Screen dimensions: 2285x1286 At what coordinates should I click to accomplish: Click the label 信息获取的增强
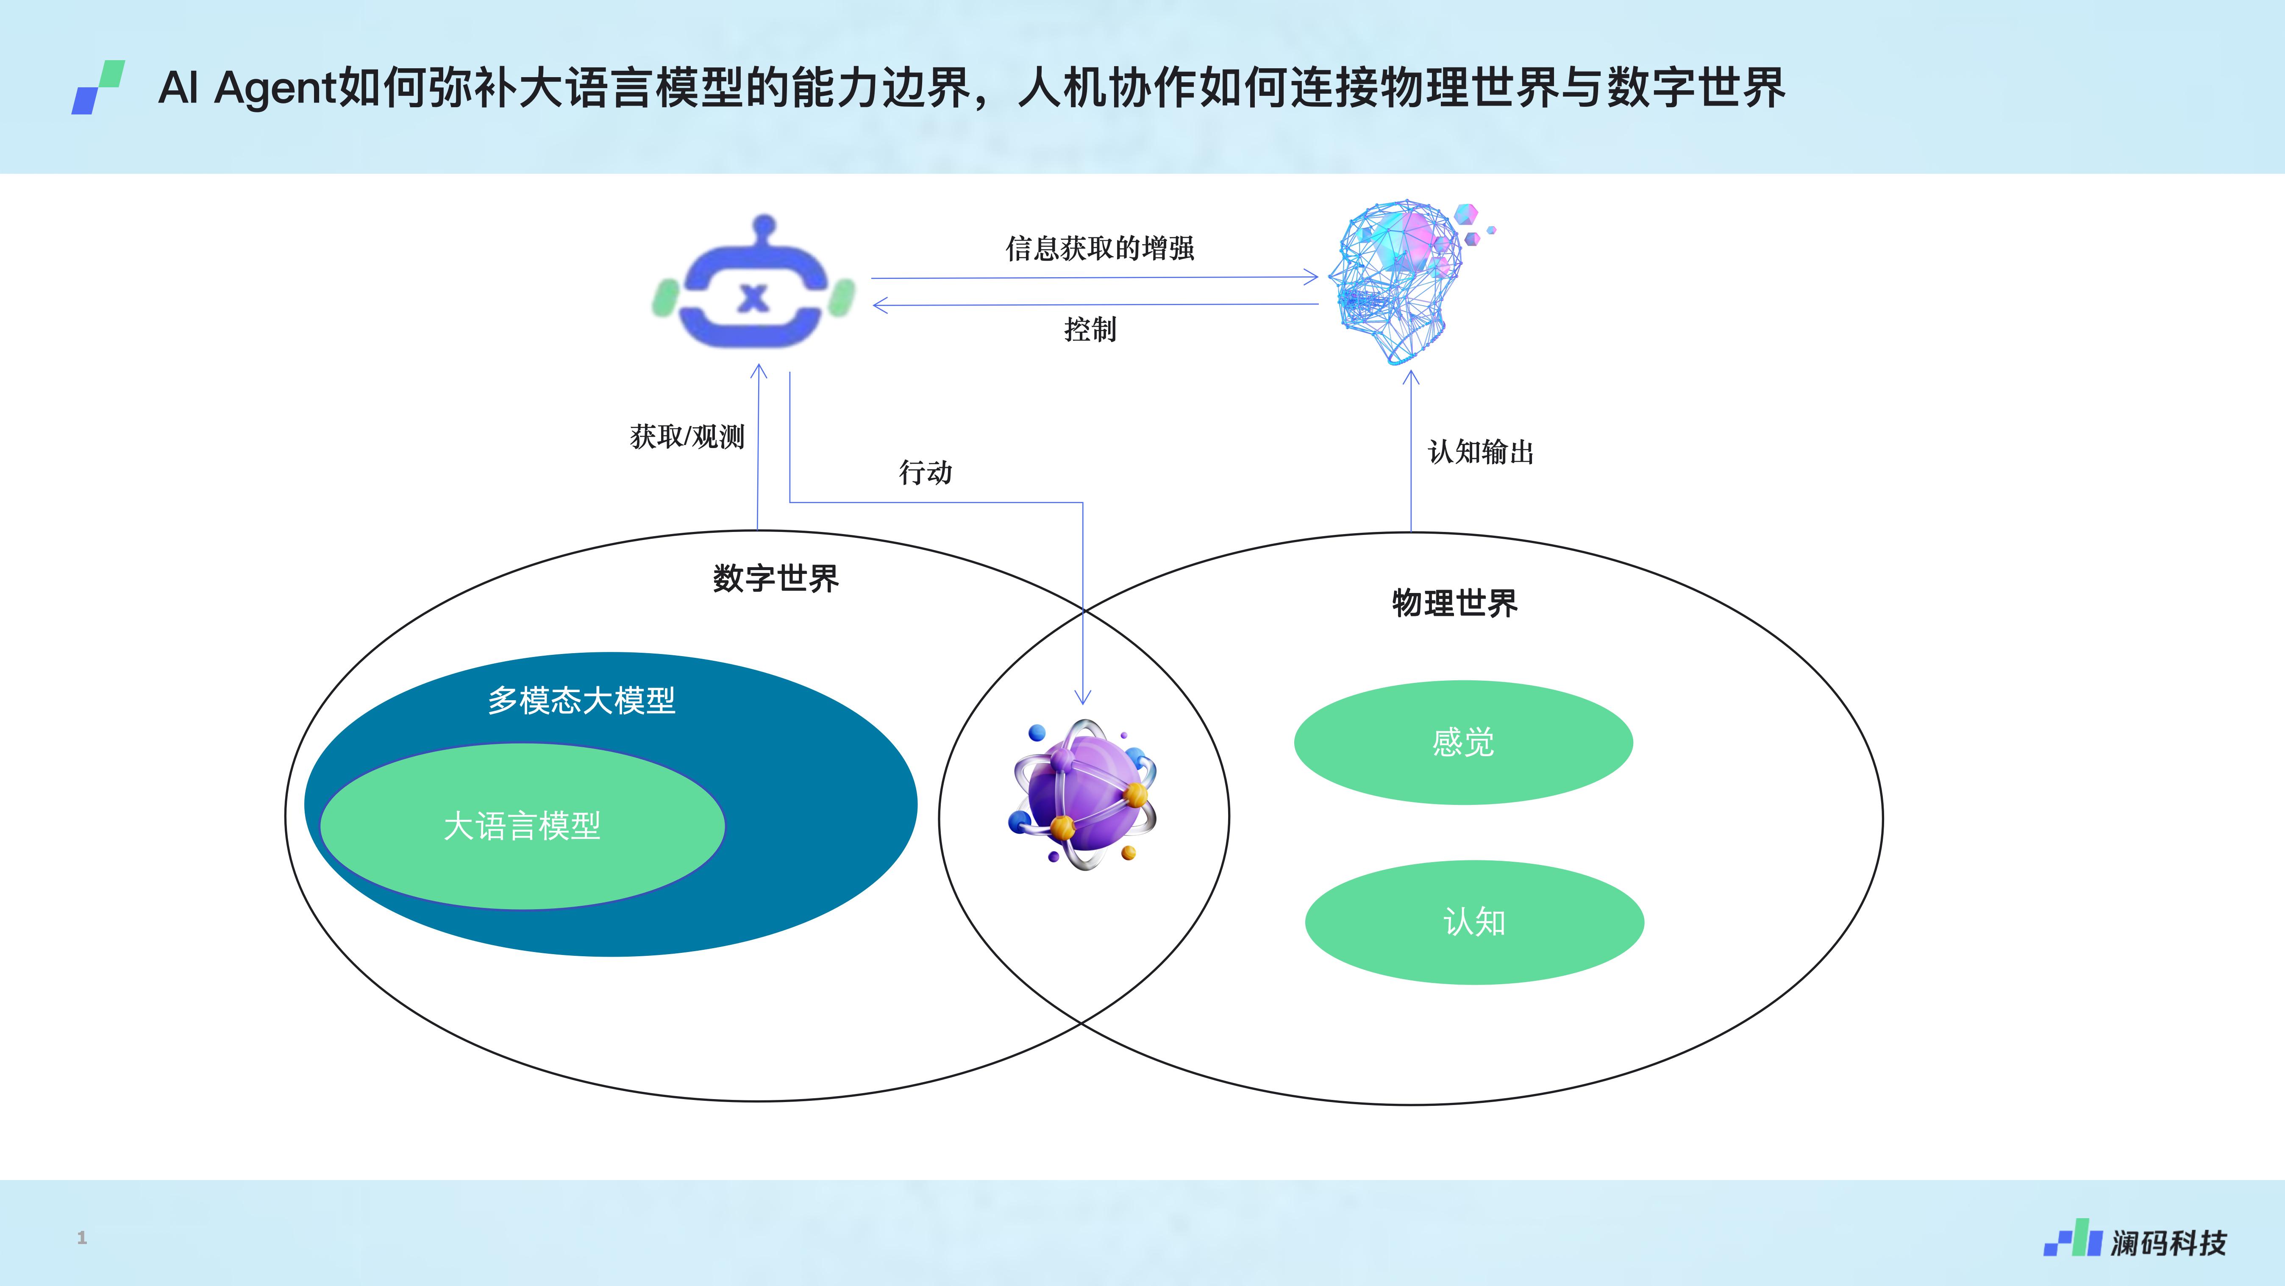tap(1100, 248)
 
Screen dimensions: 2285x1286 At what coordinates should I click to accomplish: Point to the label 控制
tap(1090, 329)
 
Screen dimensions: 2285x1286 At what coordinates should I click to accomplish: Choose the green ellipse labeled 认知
tap(1474, 922)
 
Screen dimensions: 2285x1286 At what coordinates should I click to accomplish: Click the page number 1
tap(82, 1237)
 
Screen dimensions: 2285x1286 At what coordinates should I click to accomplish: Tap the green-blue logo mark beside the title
tap(97, 87)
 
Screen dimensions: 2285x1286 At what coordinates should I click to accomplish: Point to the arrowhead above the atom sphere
tap(1082, 697)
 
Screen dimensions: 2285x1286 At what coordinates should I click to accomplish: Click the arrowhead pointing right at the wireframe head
tap(1311, 278)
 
